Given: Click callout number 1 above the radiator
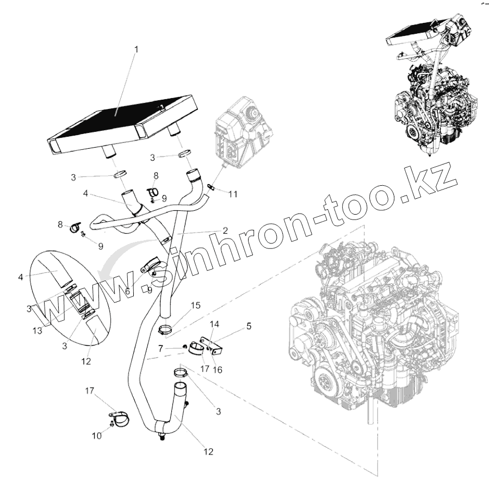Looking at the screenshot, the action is pos(136,50).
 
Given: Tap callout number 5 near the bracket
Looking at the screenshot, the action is pos(249,327).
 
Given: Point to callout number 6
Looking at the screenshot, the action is pos(127,291).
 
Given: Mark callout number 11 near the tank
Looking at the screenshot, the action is pos(233,194).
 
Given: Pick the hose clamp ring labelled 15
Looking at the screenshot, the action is pos(166,328).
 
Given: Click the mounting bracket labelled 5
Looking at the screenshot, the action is pos(214,345).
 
